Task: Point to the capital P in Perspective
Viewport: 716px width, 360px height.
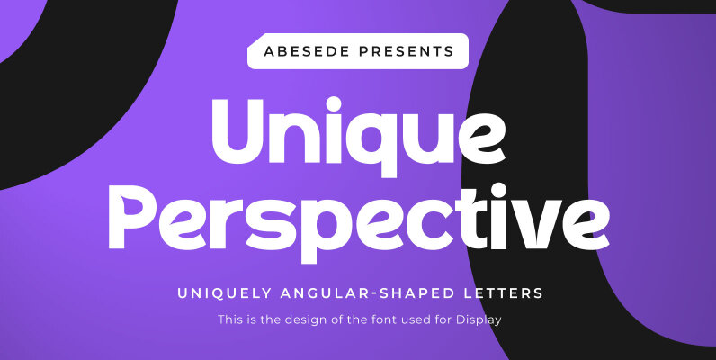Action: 132,216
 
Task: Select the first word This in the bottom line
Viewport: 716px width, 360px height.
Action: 229,319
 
